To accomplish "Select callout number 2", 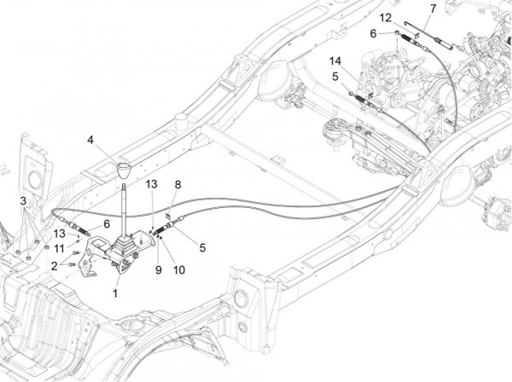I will pos(53,266).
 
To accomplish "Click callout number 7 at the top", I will pos(433,9).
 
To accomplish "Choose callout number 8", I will pos(177,183).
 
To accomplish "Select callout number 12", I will pos(386,17).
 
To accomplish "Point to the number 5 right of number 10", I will pos(201,248).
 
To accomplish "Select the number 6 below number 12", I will pos(372,33).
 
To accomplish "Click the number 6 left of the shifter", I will pos(107,223).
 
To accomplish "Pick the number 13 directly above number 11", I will pos(60,234).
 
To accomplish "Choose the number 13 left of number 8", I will pos(150,184).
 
